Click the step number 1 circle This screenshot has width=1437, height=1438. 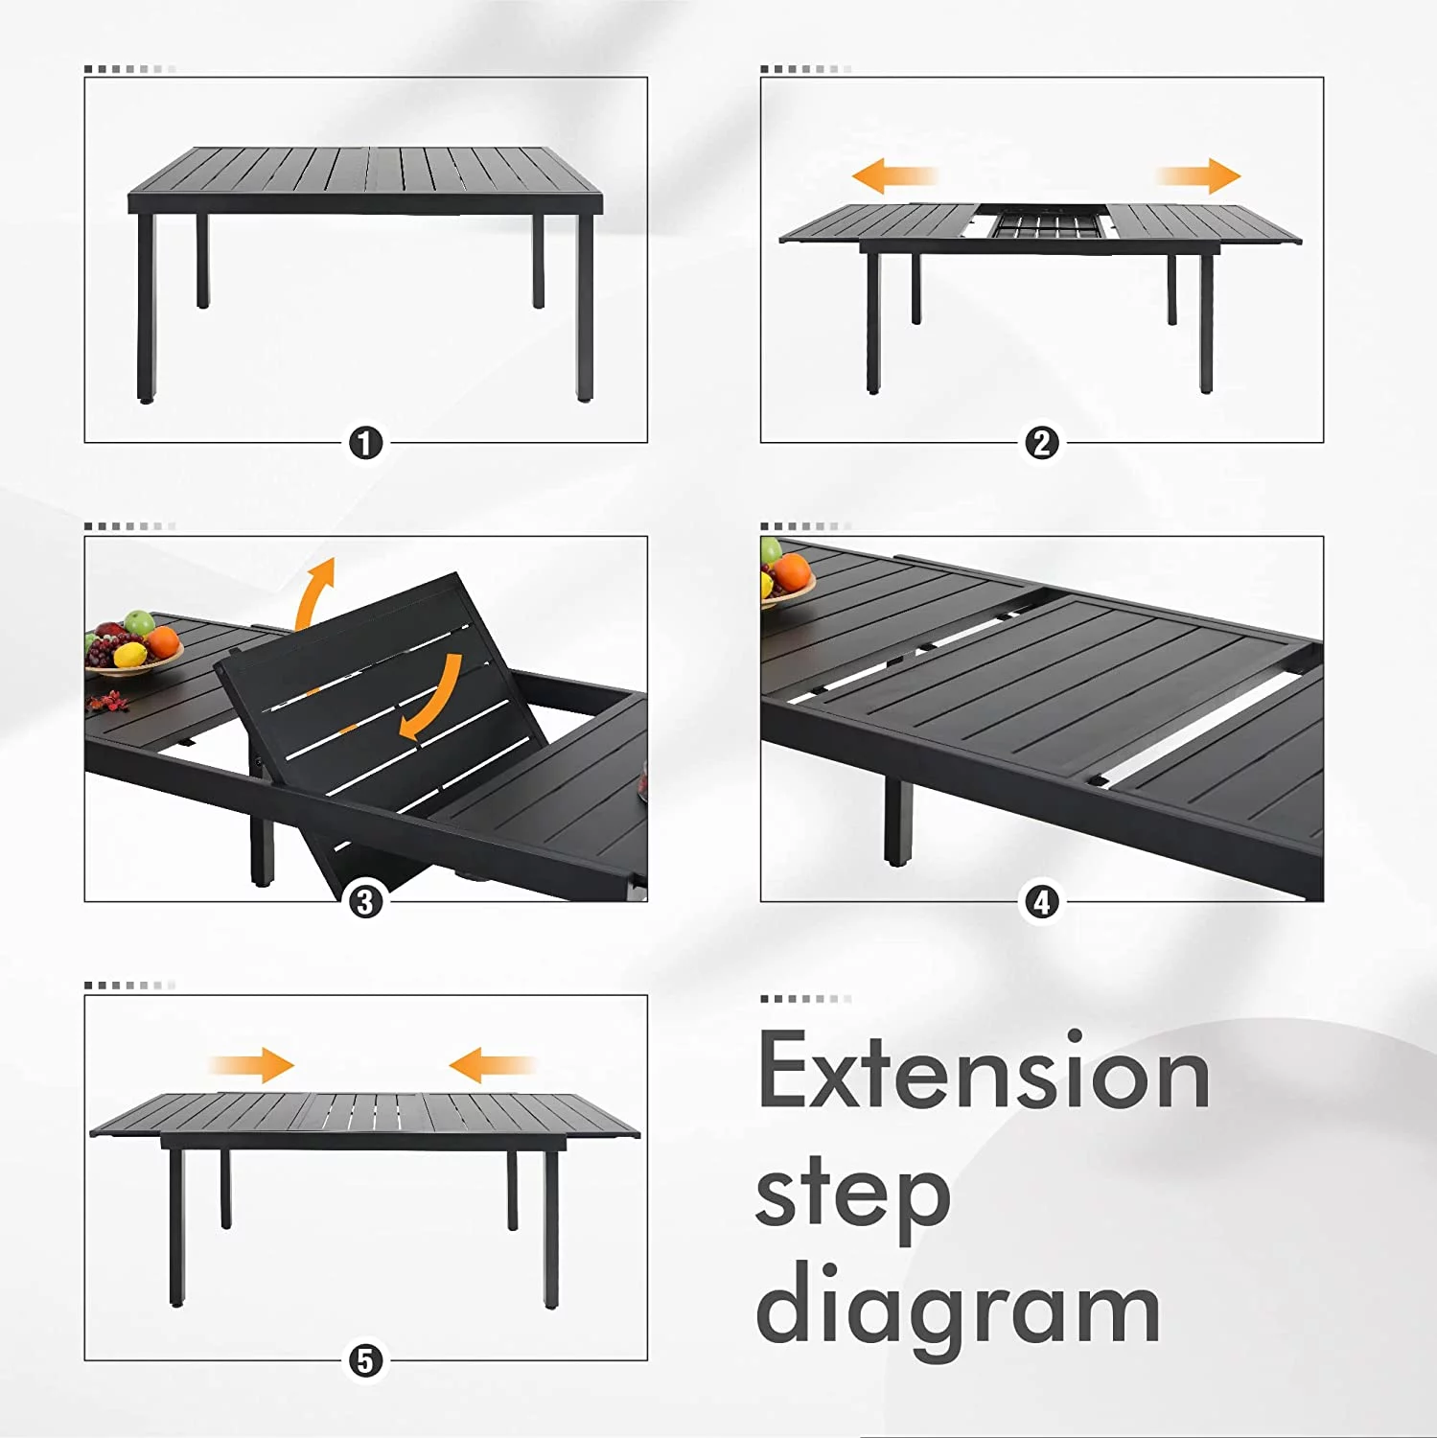[365, 444]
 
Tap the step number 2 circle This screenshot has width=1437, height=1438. [1041, 444]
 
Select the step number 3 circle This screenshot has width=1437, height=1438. [365, 902]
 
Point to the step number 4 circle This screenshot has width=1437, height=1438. [1041, 902]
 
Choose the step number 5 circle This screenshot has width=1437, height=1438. [365, 1360]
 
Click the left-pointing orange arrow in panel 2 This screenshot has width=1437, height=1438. [894, 176]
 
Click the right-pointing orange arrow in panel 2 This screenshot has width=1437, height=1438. [1198, 176]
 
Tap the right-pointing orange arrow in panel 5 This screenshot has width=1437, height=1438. [252, 1065]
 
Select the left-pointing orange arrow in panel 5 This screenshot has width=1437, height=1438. [491, 1065]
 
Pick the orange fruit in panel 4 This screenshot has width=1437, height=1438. [791, 572]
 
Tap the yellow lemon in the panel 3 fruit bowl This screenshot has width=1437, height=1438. [130, 656]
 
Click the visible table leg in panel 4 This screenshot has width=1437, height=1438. [897, 822]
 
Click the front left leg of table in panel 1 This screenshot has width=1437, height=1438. [146, 307]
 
